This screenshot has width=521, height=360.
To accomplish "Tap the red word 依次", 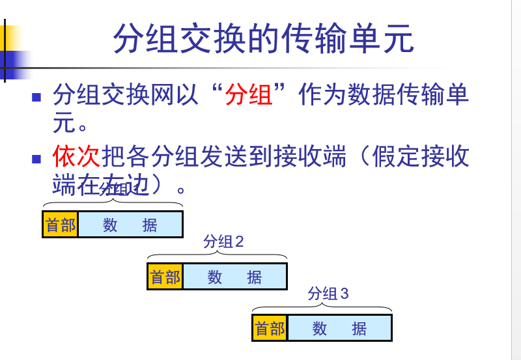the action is [76, 156].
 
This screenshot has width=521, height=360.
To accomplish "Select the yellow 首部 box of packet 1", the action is [61, 225].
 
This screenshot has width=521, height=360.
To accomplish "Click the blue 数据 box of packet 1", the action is [130, 225].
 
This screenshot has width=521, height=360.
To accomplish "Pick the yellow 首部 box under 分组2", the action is [165, 277].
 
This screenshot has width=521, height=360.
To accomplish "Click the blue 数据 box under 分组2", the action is [234, 277].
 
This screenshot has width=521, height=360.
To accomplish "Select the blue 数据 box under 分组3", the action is [339, 328].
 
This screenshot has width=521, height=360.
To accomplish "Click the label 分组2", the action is [223, 242].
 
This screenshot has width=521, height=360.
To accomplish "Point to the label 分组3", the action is [328, 294].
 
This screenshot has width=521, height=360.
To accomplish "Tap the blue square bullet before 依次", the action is [37, 158].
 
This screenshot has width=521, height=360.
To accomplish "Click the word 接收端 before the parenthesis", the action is [310, 156].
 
